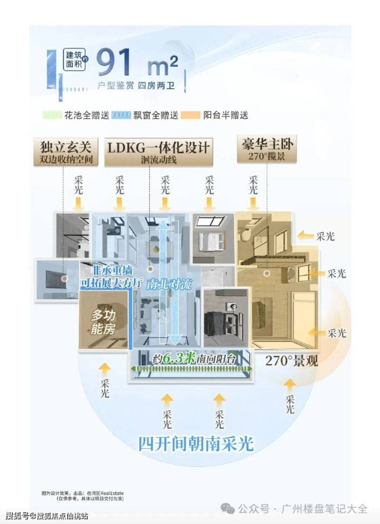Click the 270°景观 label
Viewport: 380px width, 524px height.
[291, 360]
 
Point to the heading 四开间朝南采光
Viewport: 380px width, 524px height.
[196, 443]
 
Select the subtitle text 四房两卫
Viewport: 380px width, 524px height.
[156, 86]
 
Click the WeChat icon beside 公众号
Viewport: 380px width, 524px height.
[227, 508]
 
